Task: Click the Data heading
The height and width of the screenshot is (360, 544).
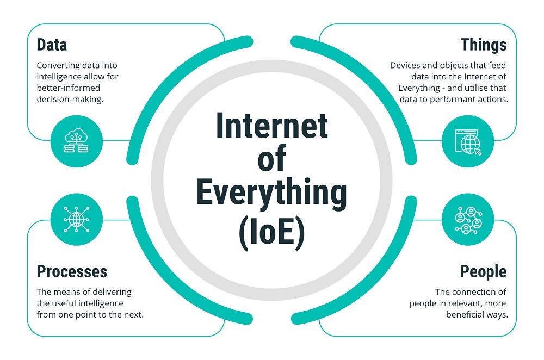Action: [52, 45]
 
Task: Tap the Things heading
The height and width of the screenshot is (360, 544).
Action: [483, 45]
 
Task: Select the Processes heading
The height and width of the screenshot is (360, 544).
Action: [72, 271]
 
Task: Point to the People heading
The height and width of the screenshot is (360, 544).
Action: [483, 271]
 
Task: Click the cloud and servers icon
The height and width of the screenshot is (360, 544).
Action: [76, 141]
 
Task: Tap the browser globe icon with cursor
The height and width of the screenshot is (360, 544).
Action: [468, 142]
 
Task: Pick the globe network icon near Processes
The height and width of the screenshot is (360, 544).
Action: [76, 219]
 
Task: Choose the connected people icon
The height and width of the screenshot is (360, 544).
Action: [468, 220]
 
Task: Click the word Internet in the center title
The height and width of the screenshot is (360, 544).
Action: [271, 126]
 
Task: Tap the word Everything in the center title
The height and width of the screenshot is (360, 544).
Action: [271, 193]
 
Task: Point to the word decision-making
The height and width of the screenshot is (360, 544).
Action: [70, 100]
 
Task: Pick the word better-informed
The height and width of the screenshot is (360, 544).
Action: [69, 88]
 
